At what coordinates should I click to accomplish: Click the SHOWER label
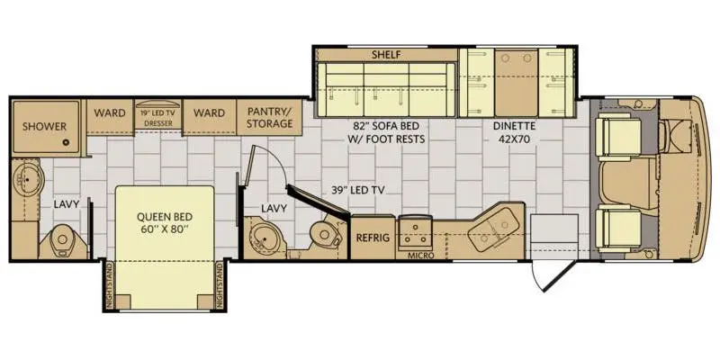(x=44, y=126)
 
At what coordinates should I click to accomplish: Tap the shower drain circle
(x=66, y=142)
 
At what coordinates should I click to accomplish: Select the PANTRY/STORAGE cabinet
(x=269, y=117)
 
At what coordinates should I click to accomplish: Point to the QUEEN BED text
(x=165, y=217)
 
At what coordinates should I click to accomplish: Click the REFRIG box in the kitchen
(x=373, y=238)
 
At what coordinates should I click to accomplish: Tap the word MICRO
(x=421, y=256)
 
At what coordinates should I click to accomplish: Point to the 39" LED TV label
(x=359, y=191)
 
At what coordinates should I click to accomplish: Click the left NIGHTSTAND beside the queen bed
(x=109, y=285)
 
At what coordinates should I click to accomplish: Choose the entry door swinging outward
(x=551, y=275)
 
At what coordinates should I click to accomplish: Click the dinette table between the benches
(x=516, y=83)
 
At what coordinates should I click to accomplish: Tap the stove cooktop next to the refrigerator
(x=415, y=233)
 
